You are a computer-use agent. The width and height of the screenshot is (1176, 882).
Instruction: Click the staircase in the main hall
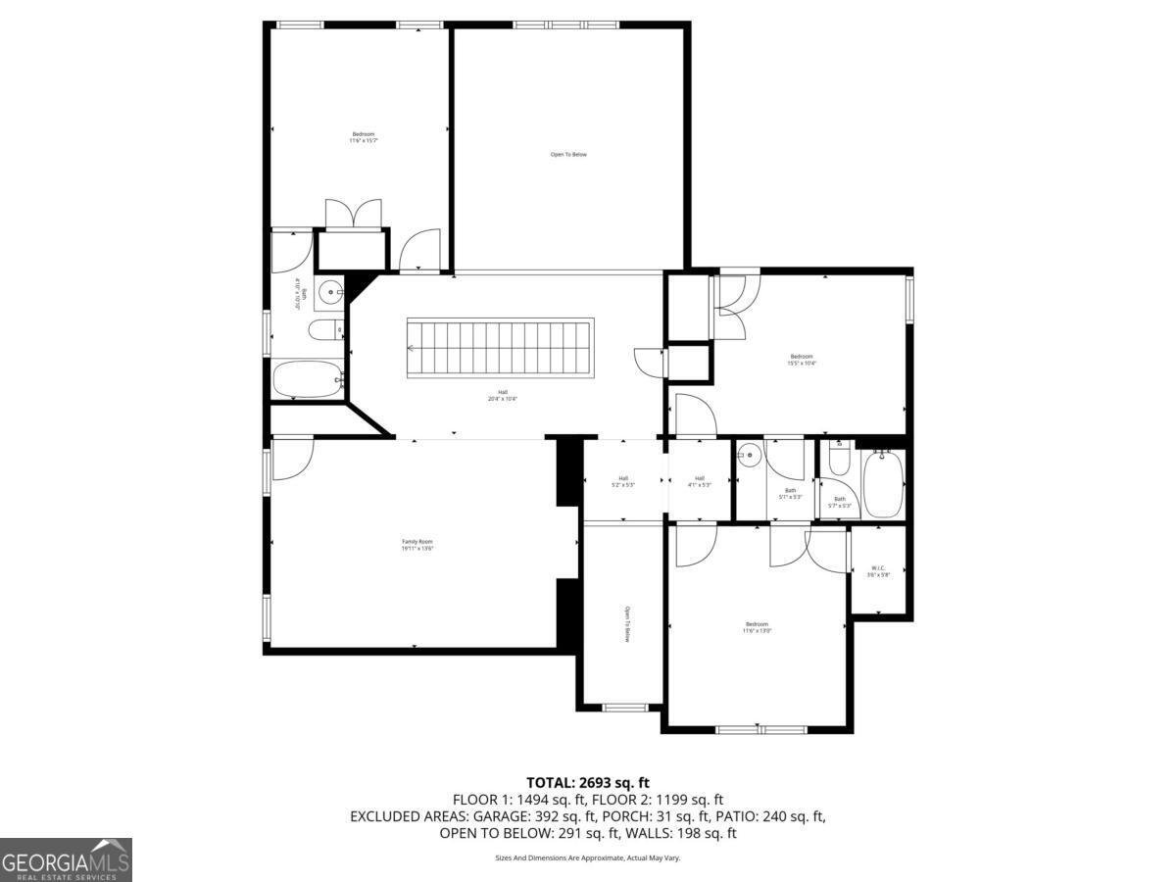[x=500, y=348]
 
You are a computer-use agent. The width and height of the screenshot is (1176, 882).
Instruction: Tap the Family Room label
[x=416, y=545]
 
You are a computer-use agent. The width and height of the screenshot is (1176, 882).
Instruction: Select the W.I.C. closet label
[x=878, y=571]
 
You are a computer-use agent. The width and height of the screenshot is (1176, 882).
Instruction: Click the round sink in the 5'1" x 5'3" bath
[x=750, y=455]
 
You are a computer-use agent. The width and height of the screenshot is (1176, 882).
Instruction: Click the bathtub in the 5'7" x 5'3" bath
[x=882, y=482]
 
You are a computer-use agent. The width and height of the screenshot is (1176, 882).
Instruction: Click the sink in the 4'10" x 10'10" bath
[x=331, y=291]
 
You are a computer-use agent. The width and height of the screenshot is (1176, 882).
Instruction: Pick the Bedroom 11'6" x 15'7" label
[x=363, y=137]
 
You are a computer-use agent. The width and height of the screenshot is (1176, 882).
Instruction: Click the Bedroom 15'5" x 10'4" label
[x=801, y=360]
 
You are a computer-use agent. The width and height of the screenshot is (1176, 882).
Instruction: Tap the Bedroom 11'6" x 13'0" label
[x=757, y=627]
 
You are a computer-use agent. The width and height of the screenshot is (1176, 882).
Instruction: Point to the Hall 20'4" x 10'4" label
[x=502, y=395]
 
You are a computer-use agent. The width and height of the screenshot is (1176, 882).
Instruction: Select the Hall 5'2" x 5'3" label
[x=623, y=481]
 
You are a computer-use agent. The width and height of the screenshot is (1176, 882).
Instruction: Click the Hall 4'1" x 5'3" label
[x=700, y=481]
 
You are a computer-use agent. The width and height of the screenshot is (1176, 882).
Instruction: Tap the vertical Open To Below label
[x=626, y=624]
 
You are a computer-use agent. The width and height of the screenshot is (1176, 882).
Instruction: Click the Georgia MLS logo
[x=66, y=859]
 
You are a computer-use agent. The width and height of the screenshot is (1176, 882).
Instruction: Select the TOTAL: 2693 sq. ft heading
[x=588, y=782]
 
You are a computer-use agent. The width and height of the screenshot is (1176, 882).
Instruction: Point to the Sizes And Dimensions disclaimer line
[x=587, y=857]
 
